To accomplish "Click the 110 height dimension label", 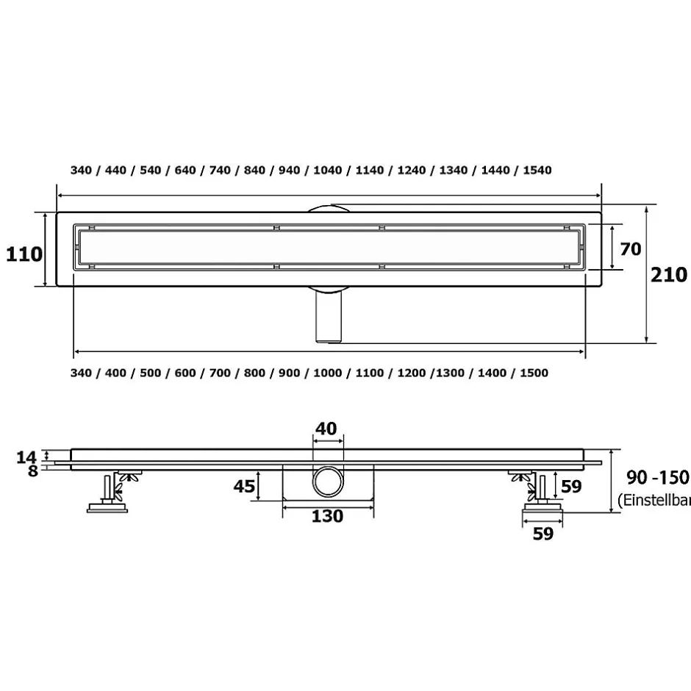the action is point(24,254).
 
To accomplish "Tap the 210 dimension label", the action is point(668,274).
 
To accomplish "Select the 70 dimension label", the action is point(631,249).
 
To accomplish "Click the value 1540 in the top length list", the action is point(537,170).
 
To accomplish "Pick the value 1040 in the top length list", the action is point(327,170).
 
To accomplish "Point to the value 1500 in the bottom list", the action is point(534,373).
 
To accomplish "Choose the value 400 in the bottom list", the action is point(115,373).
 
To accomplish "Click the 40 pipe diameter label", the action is point(326,429).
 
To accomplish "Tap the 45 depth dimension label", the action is point(244,486).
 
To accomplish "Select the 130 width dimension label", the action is point(327,516).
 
